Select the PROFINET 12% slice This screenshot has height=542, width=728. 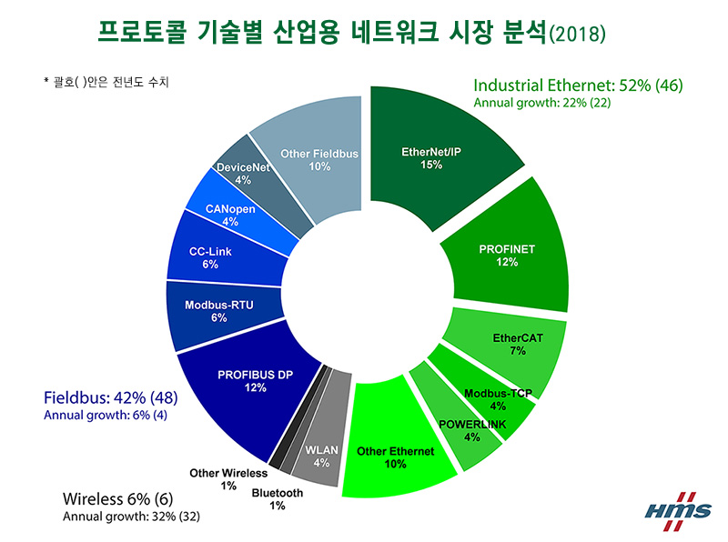pos(500,255)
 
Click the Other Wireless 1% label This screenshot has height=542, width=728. pos(227,478)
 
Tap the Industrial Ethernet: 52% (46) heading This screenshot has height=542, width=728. pos(577,85)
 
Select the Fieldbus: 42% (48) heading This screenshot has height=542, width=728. pos(110,397)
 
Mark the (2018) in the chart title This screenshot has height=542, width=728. pos(577,34)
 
